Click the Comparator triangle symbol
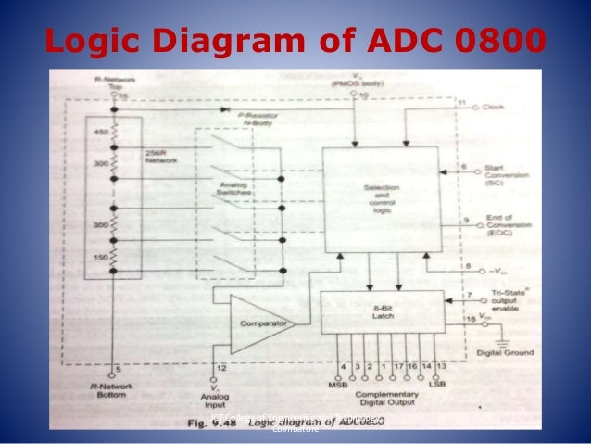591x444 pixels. click(258, 325)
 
